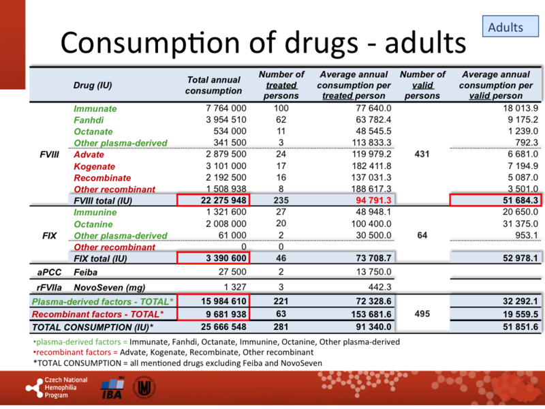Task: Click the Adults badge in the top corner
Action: [x=505, y=27]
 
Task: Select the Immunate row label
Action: [x=95, y=108]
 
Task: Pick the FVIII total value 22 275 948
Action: [x=213, y=200]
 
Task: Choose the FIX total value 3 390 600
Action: [x=216, y=258]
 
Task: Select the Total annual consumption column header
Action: [x=214, y=85]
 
